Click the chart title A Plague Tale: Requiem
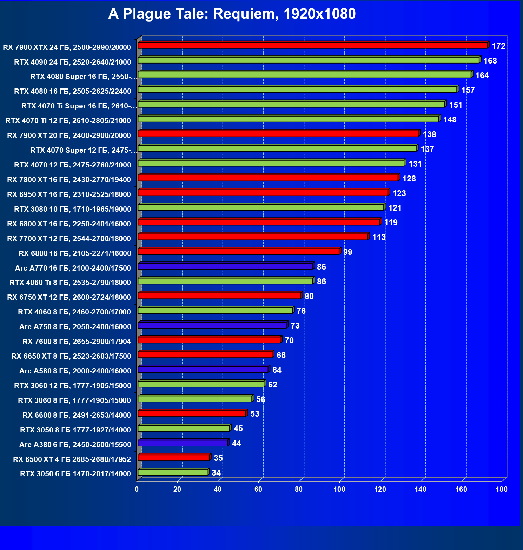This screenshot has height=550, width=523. pos(232,14)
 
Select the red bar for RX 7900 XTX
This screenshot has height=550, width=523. pos(312,45)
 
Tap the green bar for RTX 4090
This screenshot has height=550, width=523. pos(309,60)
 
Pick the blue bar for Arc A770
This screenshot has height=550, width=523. pos(225,266)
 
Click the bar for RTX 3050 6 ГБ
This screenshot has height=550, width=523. pos(173,472)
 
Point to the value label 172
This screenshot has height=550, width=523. pos(498,46)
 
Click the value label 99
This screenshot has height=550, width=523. pos(347,252)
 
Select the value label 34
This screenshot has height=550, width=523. pos(216,473)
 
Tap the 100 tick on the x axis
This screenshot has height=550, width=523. pos(339,489)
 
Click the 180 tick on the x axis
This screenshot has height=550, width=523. pos(502,489)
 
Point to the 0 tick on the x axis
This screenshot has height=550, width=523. pos(137,489)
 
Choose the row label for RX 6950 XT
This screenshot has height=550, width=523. pos(69,194)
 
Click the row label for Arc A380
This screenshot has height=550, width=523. pos(75,445)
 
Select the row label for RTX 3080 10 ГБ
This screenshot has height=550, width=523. pos(73,209)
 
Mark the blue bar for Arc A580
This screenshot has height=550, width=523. pos(203,369)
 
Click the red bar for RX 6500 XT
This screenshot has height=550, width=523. pos(174,458)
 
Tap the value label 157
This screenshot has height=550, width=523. pos(468,90)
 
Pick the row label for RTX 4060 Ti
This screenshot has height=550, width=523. pos(70,283)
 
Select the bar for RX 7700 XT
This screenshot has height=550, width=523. pos(253,237)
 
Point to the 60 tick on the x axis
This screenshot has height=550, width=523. pos(258,489)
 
